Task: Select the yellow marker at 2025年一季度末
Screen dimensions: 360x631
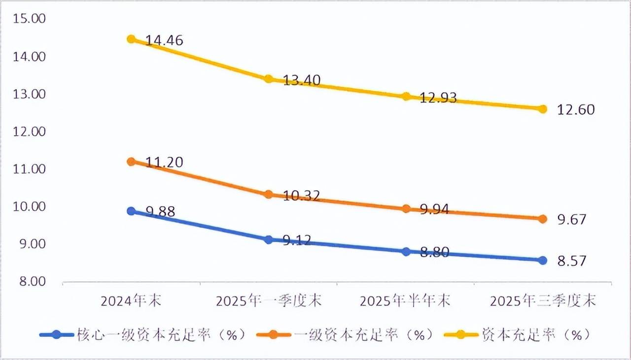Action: pos(269,79)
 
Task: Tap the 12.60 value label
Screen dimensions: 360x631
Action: pos(576,109)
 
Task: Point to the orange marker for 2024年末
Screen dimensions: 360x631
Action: pos(131,161)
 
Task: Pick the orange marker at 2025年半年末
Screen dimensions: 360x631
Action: pos(407,209)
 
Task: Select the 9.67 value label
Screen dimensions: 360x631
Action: pos(572,219)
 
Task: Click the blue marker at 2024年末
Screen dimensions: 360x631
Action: pos(131,211)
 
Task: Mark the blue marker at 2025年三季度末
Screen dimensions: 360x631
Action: pos(543,260)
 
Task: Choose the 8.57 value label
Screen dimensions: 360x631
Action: pos(572,261)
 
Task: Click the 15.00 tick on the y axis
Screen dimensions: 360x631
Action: pos(29,19)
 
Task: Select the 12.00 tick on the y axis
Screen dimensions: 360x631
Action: pos(29,132)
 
